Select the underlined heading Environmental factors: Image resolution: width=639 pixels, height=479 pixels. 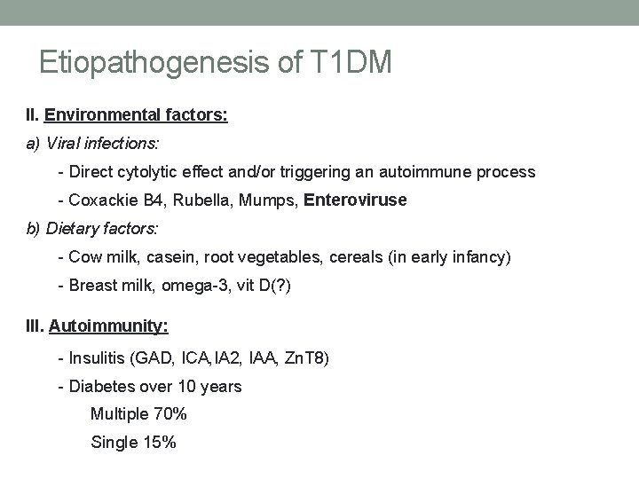(136, 114)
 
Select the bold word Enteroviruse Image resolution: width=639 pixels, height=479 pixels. (355, 200)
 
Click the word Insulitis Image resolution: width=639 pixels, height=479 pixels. (94, 358)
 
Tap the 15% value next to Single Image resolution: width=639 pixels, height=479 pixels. (157, 441)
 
